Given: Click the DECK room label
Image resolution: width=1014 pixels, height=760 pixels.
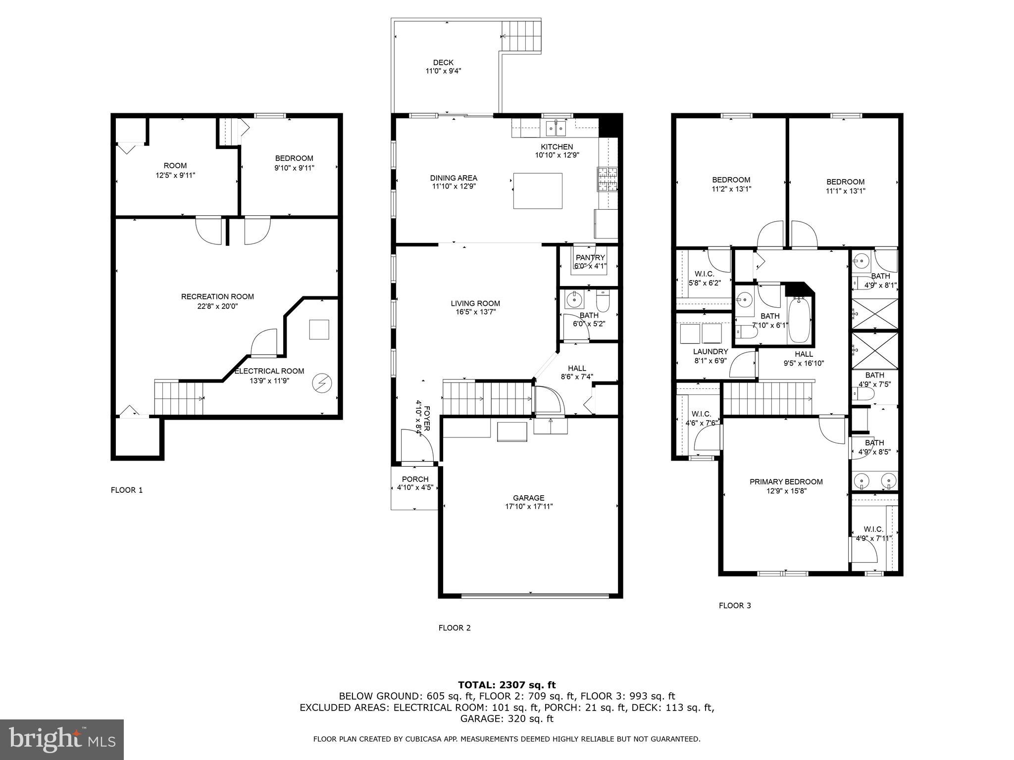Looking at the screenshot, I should [443, 62].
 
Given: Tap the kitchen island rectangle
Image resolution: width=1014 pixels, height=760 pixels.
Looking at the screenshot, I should [538, 190].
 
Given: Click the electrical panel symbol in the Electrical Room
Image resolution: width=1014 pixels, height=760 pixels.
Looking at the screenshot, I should [322, 382].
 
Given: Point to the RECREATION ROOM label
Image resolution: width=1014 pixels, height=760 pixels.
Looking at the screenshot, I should [217, 296].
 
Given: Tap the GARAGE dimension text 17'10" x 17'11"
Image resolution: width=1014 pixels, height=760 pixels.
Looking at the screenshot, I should [528, 506].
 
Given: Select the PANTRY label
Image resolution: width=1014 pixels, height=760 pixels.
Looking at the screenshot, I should [590, 257].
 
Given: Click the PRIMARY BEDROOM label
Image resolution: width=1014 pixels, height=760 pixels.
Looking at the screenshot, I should [786, 481].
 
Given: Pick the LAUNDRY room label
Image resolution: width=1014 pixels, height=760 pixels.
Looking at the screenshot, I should [710, 352].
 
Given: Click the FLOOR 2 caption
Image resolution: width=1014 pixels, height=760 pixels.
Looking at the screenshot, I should [454, 628].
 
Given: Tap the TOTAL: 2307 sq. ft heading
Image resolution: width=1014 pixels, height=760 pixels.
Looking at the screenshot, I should [507, 685].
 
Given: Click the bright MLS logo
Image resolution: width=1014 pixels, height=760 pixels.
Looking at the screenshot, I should [62, 739].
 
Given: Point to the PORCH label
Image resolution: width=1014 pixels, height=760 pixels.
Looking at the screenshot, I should [415, 479].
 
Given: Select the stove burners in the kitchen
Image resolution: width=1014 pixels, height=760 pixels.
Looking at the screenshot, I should [608, 180].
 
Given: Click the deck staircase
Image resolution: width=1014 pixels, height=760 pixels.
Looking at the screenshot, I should [521, 36].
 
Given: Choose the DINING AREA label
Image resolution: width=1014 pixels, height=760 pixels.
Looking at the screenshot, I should [454, 178].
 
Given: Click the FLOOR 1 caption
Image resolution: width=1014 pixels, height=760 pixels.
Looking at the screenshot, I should [127, 490].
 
